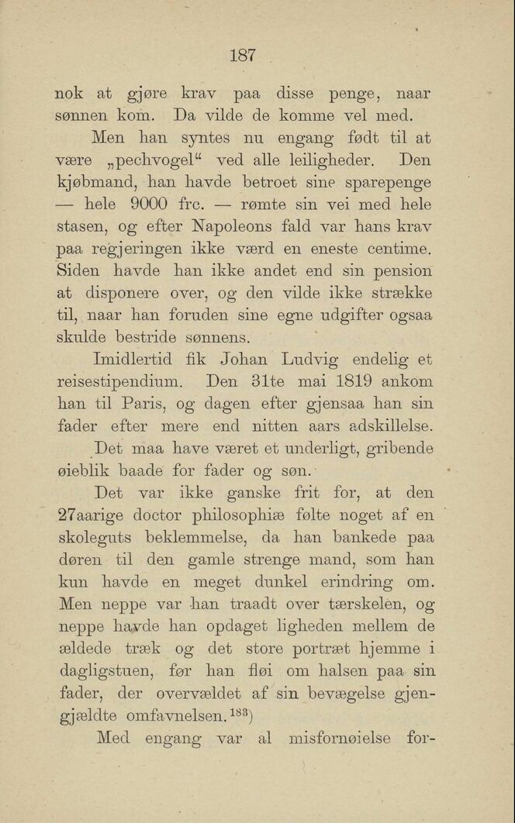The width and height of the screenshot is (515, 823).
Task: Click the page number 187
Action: [x=243, y=55]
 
